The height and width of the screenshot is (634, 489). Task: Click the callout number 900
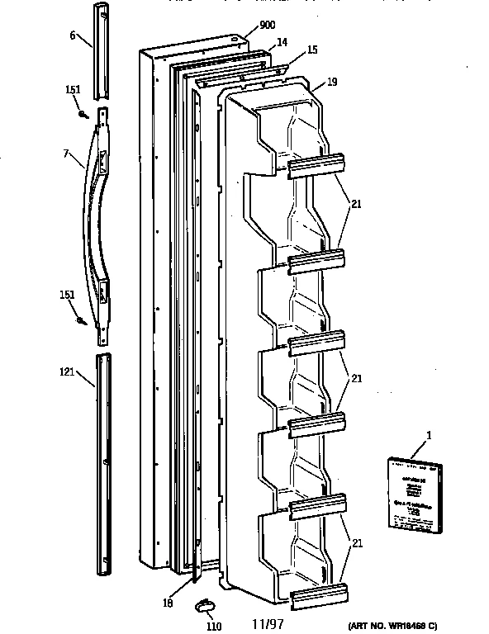[267, 26]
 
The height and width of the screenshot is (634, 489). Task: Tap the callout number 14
[282, 41]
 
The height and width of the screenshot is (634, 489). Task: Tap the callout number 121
[69, 372]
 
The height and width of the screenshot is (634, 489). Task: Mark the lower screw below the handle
[82, 319]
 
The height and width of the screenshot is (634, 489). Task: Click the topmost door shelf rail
[315, 166]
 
